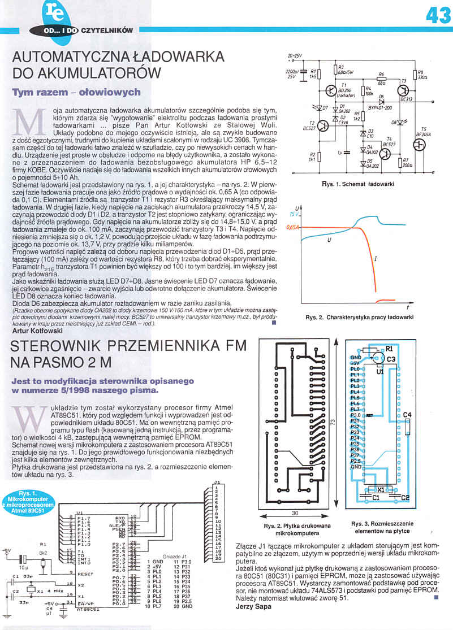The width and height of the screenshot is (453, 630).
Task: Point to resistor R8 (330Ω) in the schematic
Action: click(x=414, y=75)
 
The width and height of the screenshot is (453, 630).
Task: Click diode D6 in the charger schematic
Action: click(x=381, y=101)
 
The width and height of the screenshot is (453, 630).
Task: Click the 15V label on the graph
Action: click(x=293, y=215)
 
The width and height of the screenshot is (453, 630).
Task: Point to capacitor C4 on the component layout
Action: click(x=407, y=415)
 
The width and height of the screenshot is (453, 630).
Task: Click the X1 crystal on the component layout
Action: click(x=381, y=489)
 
